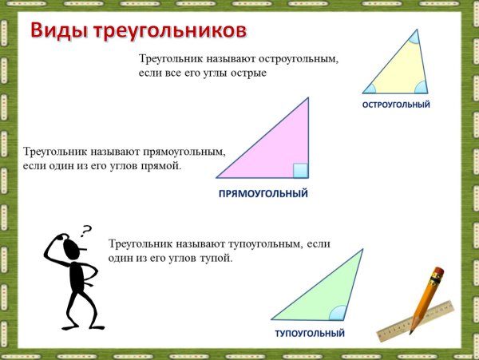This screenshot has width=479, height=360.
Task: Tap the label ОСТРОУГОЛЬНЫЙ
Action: pyautogui.click(x=396, y=105)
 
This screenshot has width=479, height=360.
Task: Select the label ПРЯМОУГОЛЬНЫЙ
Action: pyautogui.click(x=263, y=194)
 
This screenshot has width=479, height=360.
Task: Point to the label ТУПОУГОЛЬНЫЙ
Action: pyautogui.click(x=310, y=333)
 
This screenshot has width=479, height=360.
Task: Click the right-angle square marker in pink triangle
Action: pyautogui.click(x=300, y=170)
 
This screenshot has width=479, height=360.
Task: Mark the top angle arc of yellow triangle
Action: pyautogui.click(x=414, y=37)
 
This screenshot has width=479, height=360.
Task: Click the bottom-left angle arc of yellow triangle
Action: pyautogui.click(x=370, y=89)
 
